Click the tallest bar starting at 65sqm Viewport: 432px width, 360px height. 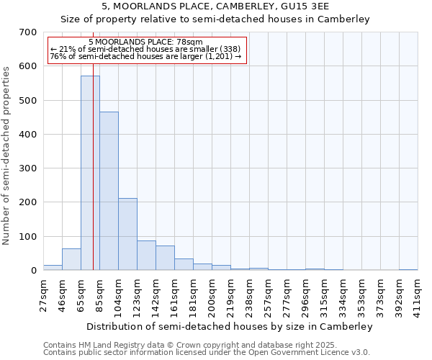coord(90,173)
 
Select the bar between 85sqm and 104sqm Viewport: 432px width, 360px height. coord(109,191)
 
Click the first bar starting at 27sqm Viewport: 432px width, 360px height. coord(53,267)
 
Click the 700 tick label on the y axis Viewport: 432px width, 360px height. coord(28,32)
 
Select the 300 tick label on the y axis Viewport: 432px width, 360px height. coord(28,168)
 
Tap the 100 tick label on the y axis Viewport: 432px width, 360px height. coord(28,237)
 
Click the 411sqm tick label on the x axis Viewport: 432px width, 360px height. coord(418,294)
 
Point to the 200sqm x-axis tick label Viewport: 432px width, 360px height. coord(212,294)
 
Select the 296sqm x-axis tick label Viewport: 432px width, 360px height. coord(306,294)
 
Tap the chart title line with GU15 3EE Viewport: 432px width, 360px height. coord(216,6)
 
